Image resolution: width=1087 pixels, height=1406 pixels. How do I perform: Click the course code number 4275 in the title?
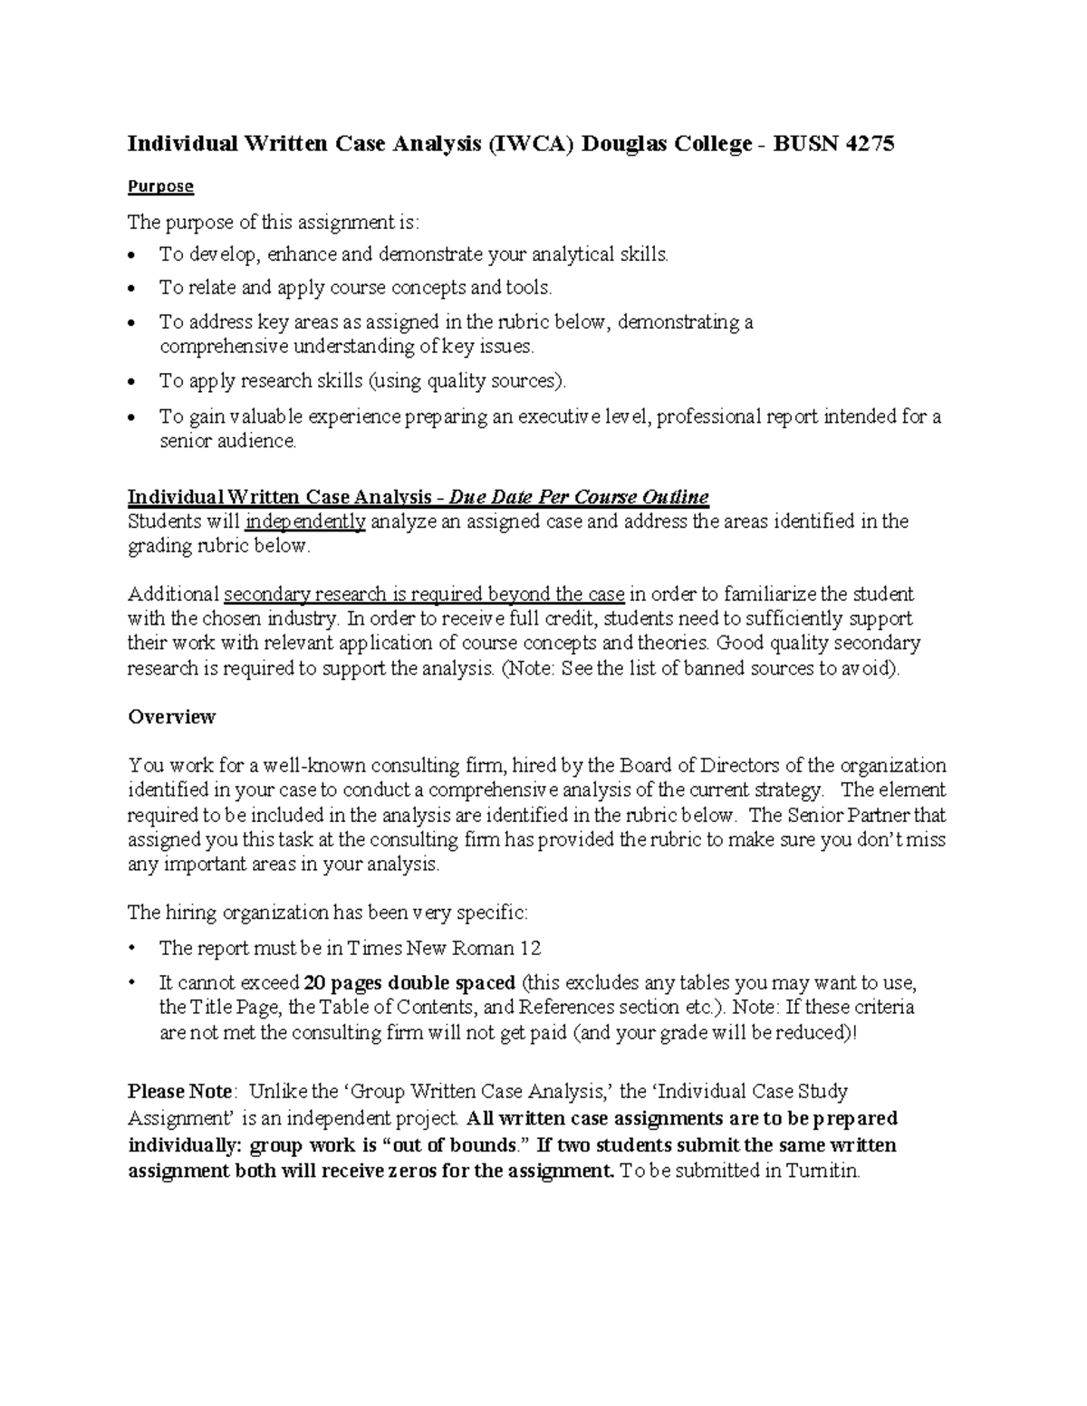[869, 144]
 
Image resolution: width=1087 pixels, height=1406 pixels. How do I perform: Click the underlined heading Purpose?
[160, 187]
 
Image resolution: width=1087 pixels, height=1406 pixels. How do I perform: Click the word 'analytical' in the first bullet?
[558, 254]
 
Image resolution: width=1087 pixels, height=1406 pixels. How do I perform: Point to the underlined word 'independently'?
[305, 521]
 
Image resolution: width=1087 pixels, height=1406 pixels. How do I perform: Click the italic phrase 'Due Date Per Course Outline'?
[579, 497]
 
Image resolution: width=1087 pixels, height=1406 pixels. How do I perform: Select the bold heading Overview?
[171, 717]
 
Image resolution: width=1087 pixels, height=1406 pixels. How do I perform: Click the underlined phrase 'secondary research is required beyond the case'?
[424, 595]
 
